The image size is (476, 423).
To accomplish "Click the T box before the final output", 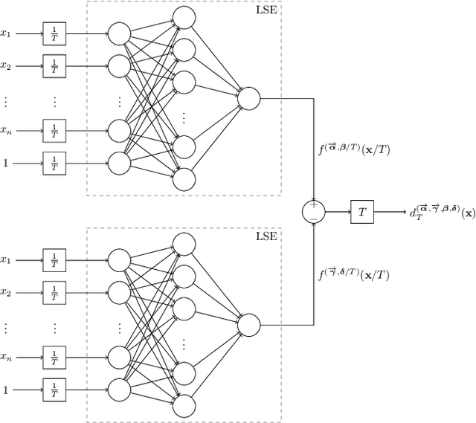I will coord(362,212).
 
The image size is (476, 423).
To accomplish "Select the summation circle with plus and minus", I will coord(313,212).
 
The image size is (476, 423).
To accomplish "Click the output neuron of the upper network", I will coord(248,97).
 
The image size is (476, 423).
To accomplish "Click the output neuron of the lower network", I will coord(248,325).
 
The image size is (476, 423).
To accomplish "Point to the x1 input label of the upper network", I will coord(7,33).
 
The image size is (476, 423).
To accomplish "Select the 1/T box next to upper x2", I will coord(54,65).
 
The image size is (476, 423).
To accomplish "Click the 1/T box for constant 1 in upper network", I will coord(54,162).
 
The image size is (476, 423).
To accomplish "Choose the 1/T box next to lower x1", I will coord(54,260).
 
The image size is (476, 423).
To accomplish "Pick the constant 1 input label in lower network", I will coord(6,389).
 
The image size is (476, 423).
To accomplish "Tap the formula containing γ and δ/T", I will coord(354,274).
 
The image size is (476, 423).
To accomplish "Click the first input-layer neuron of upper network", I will coord(118,33).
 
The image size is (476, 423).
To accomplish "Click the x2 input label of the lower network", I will coord(7,293).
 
